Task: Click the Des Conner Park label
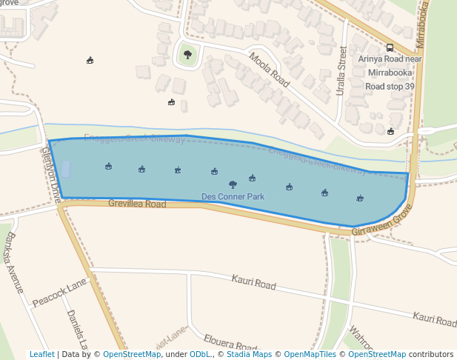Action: (233, 197)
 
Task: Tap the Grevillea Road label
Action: (137, 203)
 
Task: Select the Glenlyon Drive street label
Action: (52, 173)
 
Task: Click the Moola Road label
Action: (269, 70)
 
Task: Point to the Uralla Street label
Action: (341, 71)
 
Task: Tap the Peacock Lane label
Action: (59, 293)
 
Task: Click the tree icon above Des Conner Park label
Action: (233, 184)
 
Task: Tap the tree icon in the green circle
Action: (187, 54)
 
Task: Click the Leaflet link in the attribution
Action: (42, 354)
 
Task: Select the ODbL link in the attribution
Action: (200, 354)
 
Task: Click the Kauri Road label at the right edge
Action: (435, 319)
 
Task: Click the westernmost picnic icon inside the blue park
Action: (108, 166)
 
